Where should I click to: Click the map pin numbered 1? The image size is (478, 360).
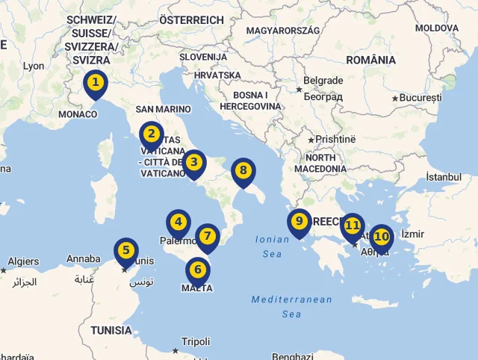click(x=95, y=83)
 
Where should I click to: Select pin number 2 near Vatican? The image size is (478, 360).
click(x=151, y=134)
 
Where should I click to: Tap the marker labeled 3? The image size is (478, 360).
click(x=194, y=162)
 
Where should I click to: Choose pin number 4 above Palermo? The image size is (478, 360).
click(x=178, y=222)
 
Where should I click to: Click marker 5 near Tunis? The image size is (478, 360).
click(x=125, y=251)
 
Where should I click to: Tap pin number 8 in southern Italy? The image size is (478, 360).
click(x=243, y=170)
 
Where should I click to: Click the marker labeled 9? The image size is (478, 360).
click(x=299, y=221)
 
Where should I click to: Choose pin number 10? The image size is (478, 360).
click(x=382, y=237)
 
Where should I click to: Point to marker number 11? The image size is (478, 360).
click(x=353, y=225)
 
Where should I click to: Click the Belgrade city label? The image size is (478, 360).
click(x=323, y=81)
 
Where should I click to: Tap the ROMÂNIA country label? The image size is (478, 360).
click(x=371, y=60)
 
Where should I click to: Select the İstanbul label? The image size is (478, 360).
click(x=444, y=177)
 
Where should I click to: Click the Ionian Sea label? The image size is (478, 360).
click(x=271, y=246)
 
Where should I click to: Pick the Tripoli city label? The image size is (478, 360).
click(x=196, y=342)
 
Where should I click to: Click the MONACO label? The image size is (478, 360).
click(x=78, y=114)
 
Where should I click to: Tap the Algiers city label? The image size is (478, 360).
click(x=23, y=262)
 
